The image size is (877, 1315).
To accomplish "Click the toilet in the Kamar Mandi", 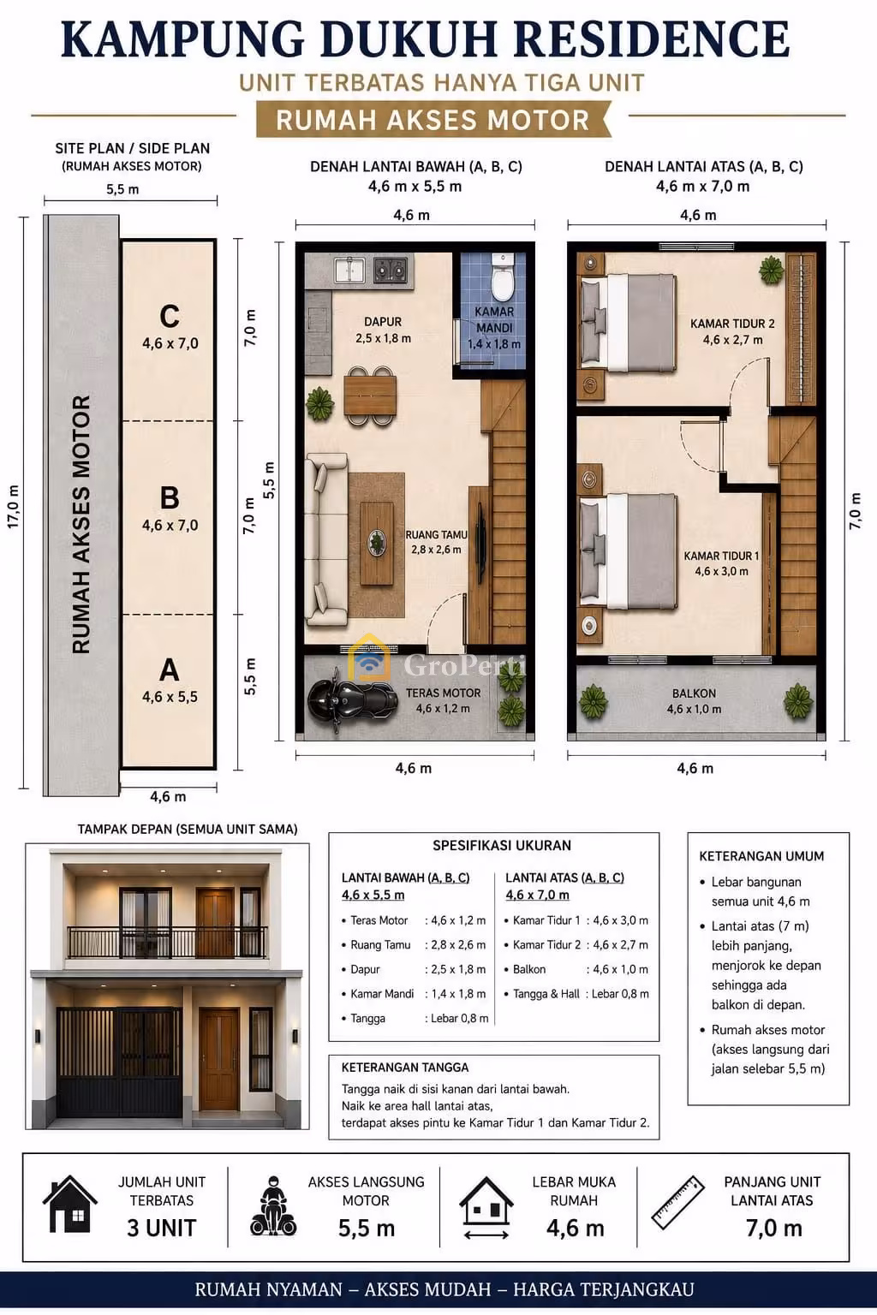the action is pyautogui.click(x=503, y=277).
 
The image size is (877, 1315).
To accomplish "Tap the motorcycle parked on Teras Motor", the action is pyautogui.click(x=353, y=699).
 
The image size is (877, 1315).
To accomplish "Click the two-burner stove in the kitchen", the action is pyautogui.click(x=390, y=270).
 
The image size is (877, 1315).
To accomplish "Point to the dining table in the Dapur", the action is pyautogui.click(x=370, y=396).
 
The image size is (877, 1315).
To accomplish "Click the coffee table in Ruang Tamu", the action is pyautogui.click(x=377, y=544).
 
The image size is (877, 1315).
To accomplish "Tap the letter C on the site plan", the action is pyautogui.click(x=170, y=317).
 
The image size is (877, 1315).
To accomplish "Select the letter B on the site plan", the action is pyautogui.click(x=170, y=497).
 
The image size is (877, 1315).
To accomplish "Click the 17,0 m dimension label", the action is pyautogui.click(x=14, y=506).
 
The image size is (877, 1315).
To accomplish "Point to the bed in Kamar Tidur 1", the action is pyautogui.click(x=628, y=552).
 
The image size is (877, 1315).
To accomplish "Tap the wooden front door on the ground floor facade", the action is pyautogui.click(x=219, y=1060).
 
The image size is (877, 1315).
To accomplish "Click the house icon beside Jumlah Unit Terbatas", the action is pyautogui.click(x=70, y=1204).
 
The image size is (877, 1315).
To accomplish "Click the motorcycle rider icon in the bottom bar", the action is pyautogui.click(x=273, y=1205).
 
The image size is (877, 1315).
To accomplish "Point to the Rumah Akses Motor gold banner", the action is pyautogui.click(x=433, y=120).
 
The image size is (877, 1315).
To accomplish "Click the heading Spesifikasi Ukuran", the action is pyautogui.click(x=502, y=845).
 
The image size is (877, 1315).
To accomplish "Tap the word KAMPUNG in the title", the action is pyautogui.click(x=182, y=40).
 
